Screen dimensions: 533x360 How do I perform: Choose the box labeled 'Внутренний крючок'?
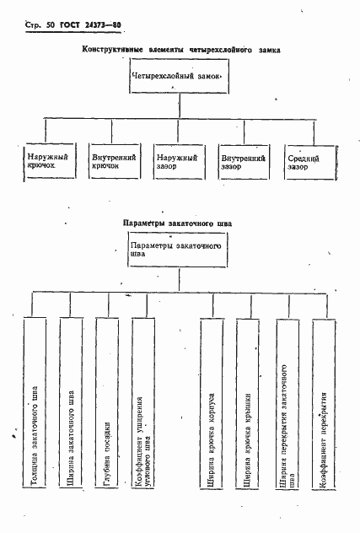tap(111, 160)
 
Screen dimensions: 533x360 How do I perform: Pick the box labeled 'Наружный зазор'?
tap(178, 160)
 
